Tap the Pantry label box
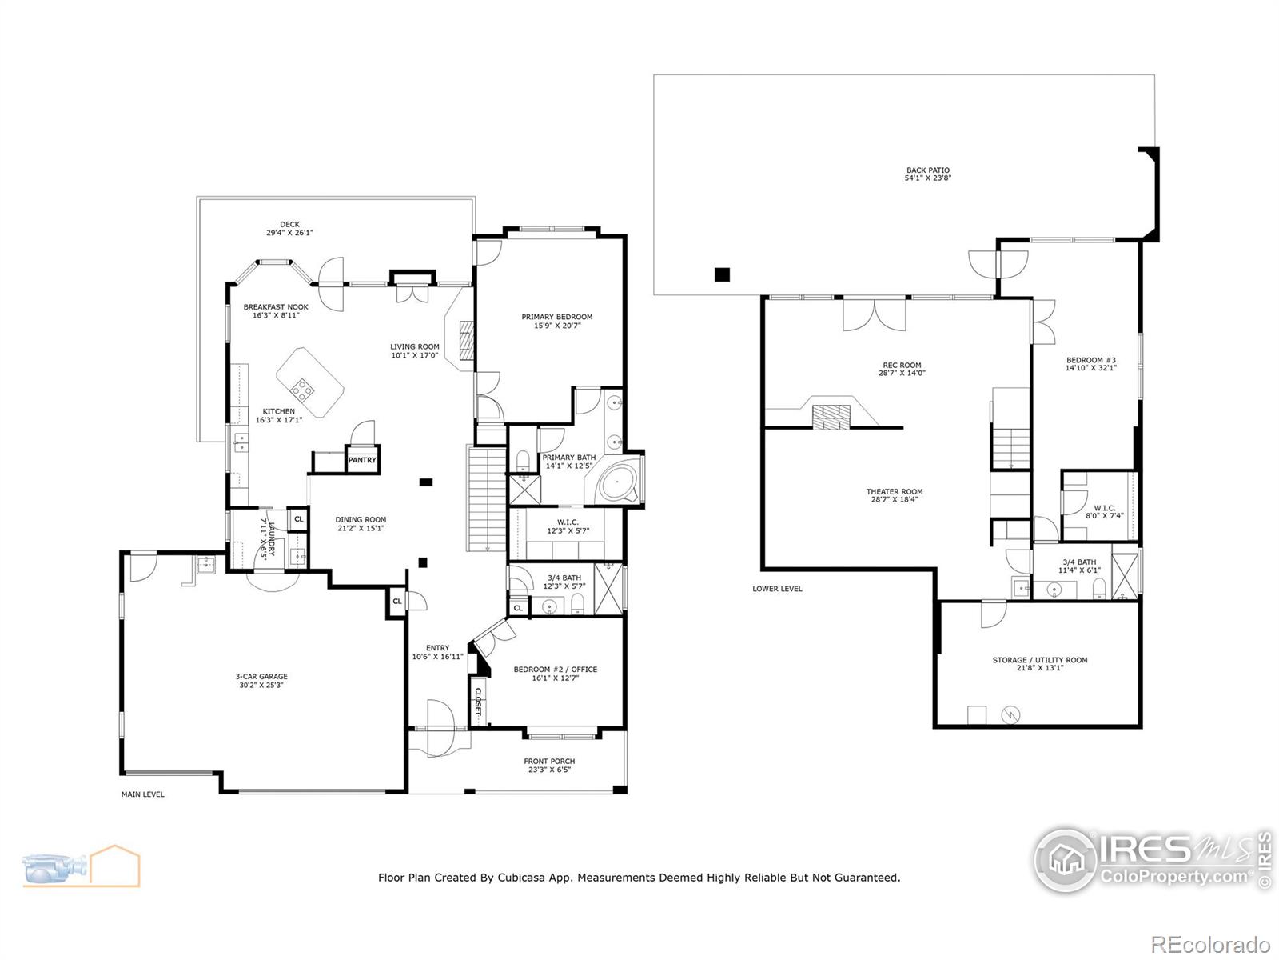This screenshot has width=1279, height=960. tap(362, 460)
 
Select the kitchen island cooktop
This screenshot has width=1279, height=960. tap(302, 390)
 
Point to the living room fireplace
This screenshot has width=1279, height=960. tap(467, 341)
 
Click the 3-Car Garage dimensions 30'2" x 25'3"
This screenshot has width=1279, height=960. tap(261, 686)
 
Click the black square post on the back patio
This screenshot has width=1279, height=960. tap(722, 274)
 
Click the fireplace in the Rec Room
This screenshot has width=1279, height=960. tap(831, 417)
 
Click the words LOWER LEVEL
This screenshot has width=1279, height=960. tap(777, 589)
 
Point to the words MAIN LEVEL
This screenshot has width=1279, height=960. tap(143, 794)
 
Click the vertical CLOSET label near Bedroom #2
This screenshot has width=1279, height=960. tap(478, 702)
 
